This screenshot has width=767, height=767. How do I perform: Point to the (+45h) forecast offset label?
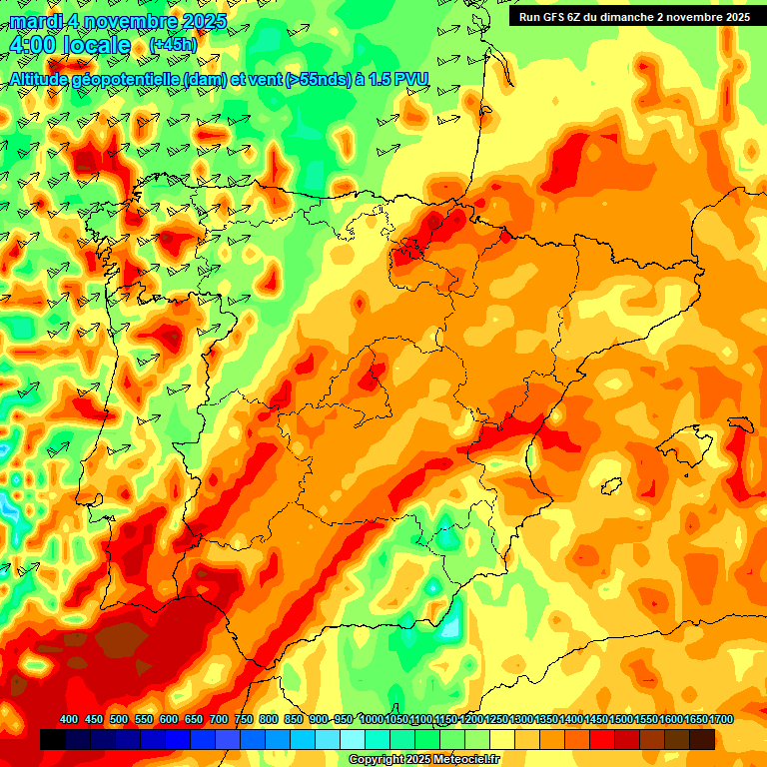(173, 45)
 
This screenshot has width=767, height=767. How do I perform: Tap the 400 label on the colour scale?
(69, 720)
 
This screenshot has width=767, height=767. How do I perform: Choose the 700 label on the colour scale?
(219, 720)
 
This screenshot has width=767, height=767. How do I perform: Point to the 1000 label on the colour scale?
(372, 720)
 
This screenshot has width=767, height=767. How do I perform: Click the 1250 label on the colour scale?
(496, 720)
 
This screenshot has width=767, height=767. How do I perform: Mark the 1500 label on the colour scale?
(621, 720)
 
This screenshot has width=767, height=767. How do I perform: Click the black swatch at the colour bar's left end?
(53, 739)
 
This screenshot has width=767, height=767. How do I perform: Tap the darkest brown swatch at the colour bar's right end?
(702, 739)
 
